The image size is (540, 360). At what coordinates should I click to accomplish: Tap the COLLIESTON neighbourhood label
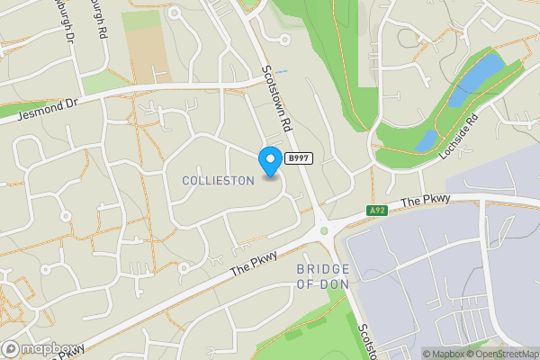coord(218,181)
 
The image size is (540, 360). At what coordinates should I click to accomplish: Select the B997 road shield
coord(299,158)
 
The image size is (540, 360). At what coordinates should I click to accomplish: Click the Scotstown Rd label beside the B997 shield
coord(275,99)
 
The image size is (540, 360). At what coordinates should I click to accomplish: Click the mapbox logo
coord(37,349)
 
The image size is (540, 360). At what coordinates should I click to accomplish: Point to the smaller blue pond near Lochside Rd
coord(427,140)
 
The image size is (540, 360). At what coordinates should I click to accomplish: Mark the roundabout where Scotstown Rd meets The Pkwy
coord(323,231)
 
